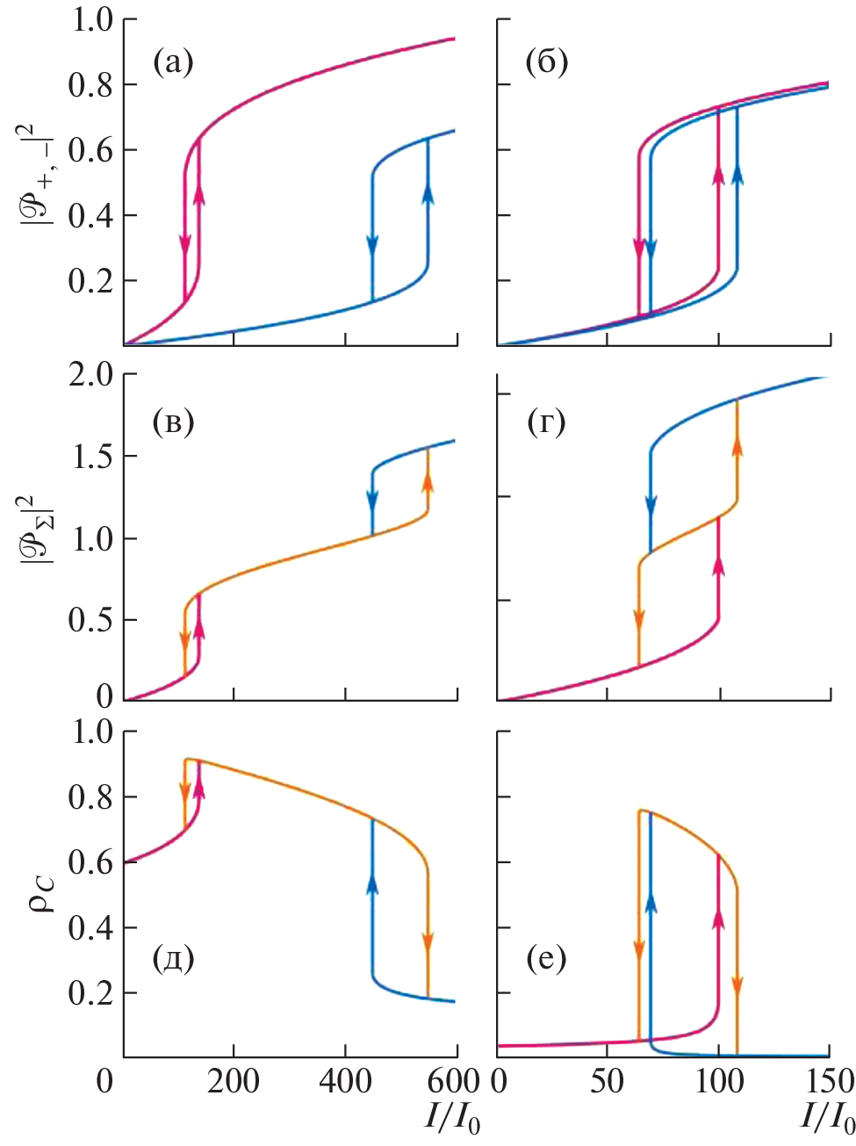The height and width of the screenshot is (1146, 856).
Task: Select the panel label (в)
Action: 172,422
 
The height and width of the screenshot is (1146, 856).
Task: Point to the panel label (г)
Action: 546,422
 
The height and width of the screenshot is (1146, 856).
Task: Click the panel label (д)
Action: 172,958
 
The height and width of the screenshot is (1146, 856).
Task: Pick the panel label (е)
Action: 546,958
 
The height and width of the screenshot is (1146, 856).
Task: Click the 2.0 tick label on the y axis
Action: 90,375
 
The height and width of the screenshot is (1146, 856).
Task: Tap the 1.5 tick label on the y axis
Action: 90,457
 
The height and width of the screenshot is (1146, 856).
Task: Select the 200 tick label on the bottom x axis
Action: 234,1081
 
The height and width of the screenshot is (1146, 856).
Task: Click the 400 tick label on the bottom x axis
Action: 345,1081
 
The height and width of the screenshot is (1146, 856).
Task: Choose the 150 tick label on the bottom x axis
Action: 830,1081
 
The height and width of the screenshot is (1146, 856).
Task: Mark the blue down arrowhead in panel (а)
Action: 372,246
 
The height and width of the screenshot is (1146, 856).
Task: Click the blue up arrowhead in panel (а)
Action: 428,192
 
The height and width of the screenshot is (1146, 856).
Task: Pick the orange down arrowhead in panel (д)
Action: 428,941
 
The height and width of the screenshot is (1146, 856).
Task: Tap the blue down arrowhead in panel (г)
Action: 651,506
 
